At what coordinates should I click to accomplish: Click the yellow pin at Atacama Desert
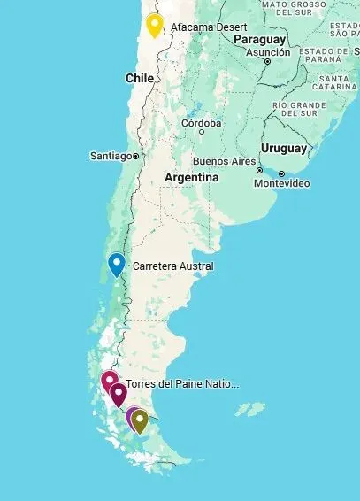pyautogui.click(x=155, y=25)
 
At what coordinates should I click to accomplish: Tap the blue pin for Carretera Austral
pyautogui.click(x=116, y=264)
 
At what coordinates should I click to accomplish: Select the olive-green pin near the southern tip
pyautogui.click(x=140, y=420)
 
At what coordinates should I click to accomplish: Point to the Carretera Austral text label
pyautogui.click(x=172, y=266)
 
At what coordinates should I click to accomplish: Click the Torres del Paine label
pyautogui.click(x=183, y=384)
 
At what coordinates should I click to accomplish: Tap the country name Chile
pyautogui.click(x=140, y=78)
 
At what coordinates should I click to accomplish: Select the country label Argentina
pyautogui.click(x=191, y=178)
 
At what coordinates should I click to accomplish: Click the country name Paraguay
pyautogui.click(x=260, y=40)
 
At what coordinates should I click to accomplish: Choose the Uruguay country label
pyautogui.click(x=283, y=148)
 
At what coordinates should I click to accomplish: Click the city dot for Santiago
pyautogui.click(x=136, y=156)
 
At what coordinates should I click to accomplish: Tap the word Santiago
pyautogui.click(x=111, y=156)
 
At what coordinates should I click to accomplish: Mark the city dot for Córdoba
pyautogui.click(x=202, y=131)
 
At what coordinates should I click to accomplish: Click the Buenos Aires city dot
pyautogui.click(x=259, y=162)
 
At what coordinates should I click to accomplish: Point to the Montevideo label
pyautogui.click(x=281, y=183)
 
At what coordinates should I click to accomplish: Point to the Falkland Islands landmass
pyautogui.click(x=250, y=410)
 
